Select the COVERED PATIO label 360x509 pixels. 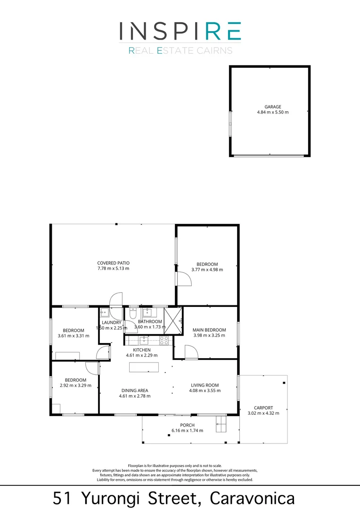(x=113, y=263)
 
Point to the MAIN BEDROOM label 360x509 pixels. (x=209, y=330)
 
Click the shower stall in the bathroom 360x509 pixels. (x=172, y=320)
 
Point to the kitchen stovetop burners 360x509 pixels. (x=164, y=340)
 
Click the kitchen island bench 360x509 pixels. (x=144, y=367)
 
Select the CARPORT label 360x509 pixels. (x=263, y=408)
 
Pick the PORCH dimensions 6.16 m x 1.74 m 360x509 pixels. (x=187, y=430)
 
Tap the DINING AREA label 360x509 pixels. (x=135, y=390)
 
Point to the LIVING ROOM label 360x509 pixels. (x=205, y=385)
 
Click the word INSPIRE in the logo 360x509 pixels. (x=180, y=31)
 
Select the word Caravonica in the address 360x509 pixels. (x=253, y=498)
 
